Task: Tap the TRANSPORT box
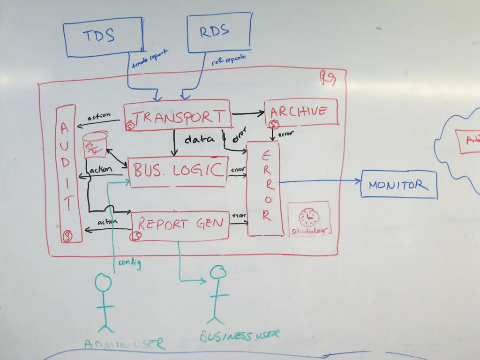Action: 178,115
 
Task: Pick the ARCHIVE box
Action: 301,112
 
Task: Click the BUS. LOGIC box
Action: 178,172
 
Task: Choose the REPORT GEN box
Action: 180,225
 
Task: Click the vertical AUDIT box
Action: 66,173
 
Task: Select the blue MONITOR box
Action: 398,185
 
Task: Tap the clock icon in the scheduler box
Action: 309,217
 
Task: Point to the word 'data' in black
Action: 199,139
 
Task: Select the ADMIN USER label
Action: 124,344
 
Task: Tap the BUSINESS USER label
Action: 239,335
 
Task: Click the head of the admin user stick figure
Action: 103,283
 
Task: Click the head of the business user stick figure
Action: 218,272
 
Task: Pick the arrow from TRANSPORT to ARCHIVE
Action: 248,113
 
